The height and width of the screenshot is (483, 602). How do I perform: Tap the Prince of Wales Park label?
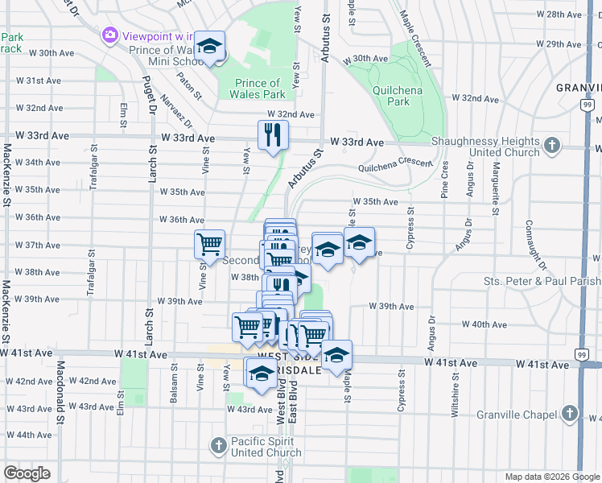point(258,89)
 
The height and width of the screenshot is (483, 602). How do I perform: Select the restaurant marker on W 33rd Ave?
point(273,135)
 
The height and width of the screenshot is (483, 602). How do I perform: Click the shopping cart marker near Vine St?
point(209,244)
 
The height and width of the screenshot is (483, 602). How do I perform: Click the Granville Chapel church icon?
point(570,415)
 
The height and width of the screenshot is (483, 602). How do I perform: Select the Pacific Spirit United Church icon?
point(218,445)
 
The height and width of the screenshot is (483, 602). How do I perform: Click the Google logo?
point(27,473)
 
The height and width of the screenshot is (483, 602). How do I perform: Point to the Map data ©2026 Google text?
point(551,477)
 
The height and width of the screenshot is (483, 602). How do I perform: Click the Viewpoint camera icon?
point(110,35)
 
